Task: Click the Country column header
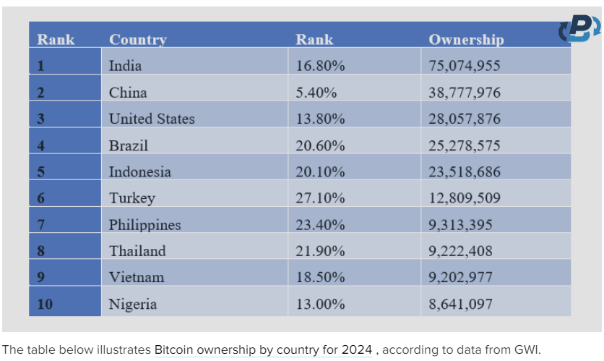pos(138,40)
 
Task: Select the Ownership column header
pos(466,40)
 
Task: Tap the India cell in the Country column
pos(125,66)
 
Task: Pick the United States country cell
pos(152,119)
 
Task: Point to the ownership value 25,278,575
pos(465,145)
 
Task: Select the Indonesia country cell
pos(140,171)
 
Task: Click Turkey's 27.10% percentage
pos(320,198)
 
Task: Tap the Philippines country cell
pos(145,224)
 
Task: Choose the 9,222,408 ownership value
pos(461,251)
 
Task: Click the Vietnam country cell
pos(137,277)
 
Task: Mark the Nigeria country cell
pos(133,304)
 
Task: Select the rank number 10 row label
pos(45,304)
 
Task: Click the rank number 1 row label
pos(41,66)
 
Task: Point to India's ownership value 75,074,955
pos(465,66)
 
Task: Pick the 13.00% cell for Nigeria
pos(320,304)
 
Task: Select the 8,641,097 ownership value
pos(461,304)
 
